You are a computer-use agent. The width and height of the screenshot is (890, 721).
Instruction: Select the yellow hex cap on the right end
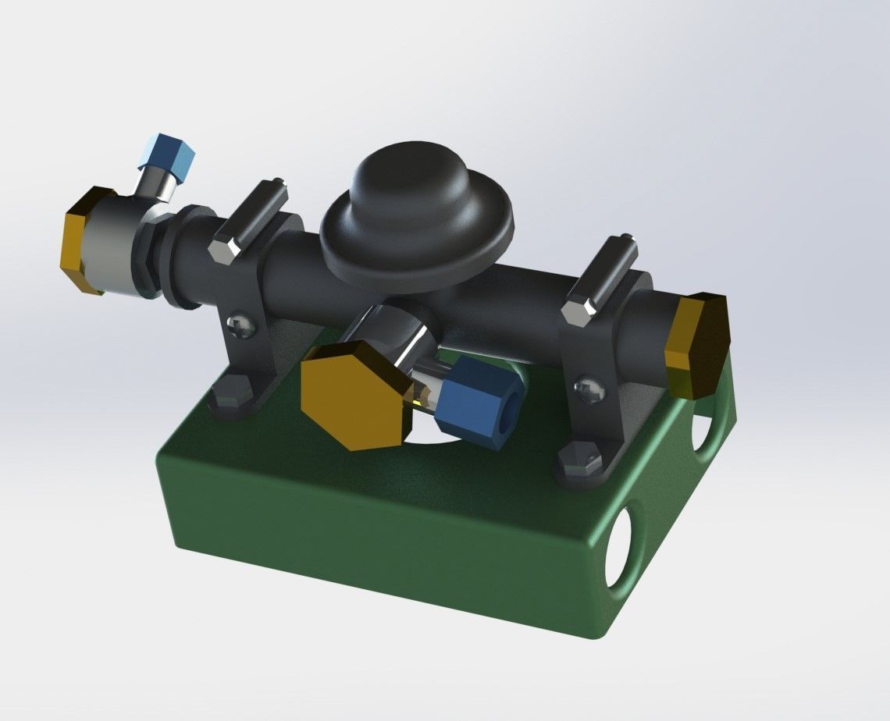coord(697,343)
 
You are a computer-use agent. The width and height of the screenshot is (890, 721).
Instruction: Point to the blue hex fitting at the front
coord(476,399)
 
